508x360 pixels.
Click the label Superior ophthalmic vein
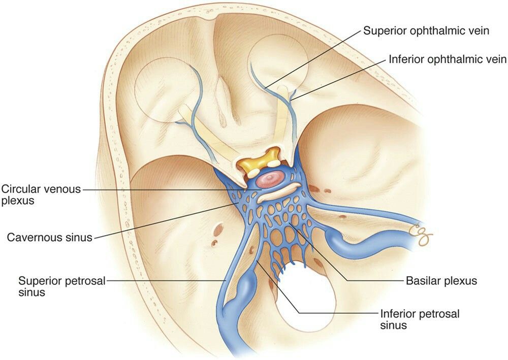point(426,31)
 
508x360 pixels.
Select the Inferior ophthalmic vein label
point(448,59)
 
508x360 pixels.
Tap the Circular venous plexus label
point(41,194)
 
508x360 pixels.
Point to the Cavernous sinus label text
point(50,238)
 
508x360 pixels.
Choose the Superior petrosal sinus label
point(62,286)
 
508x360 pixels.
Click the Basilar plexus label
point(441,281)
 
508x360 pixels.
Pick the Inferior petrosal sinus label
point(420,319)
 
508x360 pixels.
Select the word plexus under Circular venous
point(18,201)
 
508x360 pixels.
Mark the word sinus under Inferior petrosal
point(393,325)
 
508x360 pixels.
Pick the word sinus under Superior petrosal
point(31,292)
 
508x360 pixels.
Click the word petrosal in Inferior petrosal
point(440,314)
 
